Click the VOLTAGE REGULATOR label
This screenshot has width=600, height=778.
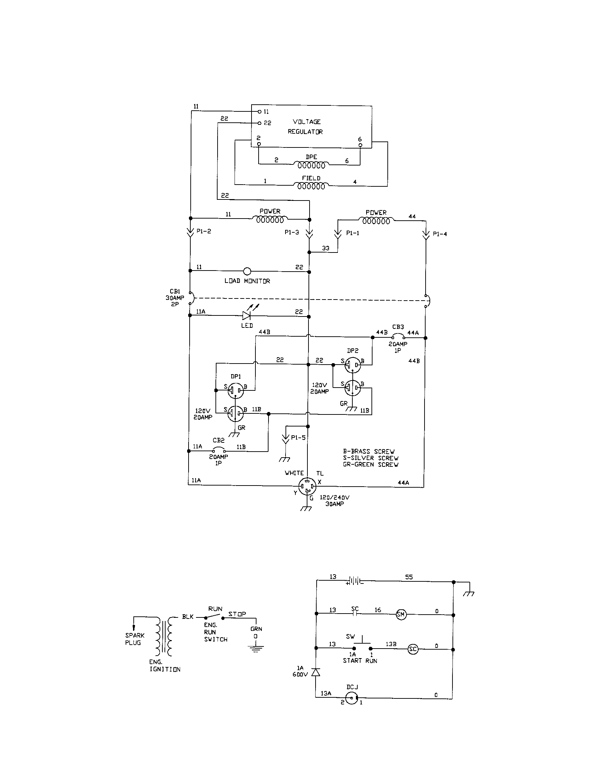pos(305,127)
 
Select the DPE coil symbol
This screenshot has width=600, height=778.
pos(311,165)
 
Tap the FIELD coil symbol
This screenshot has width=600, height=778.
pos(311,186)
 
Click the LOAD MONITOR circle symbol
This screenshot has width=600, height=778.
pos(247,272)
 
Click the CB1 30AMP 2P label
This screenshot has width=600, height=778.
pos(175,298)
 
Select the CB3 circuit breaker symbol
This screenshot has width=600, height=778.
pos(398,336)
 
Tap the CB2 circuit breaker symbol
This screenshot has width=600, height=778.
pos(219,449)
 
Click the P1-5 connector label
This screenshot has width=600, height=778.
pos(298,437)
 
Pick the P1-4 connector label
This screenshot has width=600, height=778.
pos(440,234)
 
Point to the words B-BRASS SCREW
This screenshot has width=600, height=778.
pos(369,451)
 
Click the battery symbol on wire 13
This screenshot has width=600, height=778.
pos(355,582)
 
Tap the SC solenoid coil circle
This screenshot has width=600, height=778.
pos(412,649)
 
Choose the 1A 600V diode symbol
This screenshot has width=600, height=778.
pos(316,672)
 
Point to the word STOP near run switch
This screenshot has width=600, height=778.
pos(237,614)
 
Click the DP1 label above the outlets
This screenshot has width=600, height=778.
pos(236,376)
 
